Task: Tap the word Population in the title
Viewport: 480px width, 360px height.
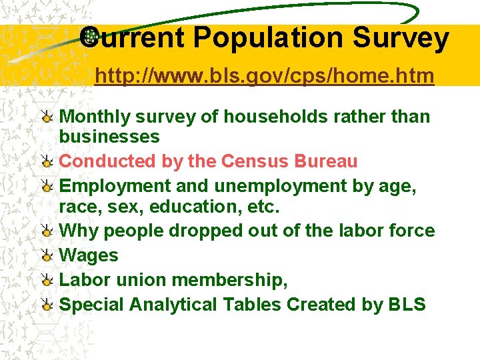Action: pos(269,38)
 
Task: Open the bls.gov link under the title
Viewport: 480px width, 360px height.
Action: pos(264,77)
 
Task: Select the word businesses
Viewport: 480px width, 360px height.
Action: pos(109,137)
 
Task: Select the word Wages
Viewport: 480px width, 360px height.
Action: pos(89,255)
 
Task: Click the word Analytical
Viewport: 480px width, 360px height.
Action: pos(173,305)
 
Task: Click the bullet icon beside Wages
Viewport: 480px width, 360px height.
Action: pos(47,256)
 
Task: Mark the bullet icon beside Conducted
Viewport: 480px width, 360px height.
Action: pos(47,162)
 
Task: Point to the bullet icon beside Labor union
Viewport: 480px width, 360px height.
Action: pos(47,281)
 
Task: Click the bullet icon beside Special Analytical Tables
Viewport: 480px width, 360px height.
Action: pos(47,305)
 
